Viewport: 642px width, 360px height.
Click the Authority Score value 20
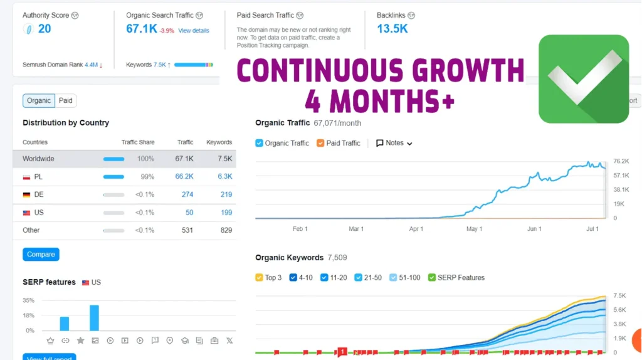(44, 29)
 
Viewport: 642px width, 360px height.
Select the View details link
(193, 31)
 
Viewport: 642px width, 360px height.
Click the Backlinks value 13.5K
(392, 29)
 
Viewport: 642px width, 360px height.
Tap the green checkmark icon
(583, 79)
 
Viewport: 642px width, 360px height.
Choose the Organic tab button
(39, 100)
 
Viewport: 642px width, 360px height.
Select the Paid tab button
(66, 100)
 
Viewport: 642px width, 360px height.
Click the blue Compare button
(41, 255)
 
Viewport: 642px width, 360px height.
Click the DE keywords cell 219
(226, 194)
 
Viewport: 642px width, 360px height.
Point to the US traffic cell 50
(189, 213)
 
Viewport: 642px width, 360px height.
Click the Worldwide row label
(38, 159)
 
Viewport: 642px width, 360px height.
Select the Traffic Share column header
(138, 142)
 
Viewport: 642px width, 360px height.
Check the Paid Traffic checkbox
(320, 143)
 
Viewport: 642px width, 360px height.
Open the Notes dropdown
(394, 143)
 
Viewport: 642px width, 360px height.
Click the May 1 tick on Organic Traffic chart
(473, 229)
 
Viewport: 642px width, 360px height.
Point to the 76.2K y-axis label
(621, 161)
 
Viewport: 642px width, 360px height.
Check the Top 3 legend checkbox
(260, 277)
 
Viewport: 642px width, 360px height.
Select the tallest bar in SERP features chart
(95, 317)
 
